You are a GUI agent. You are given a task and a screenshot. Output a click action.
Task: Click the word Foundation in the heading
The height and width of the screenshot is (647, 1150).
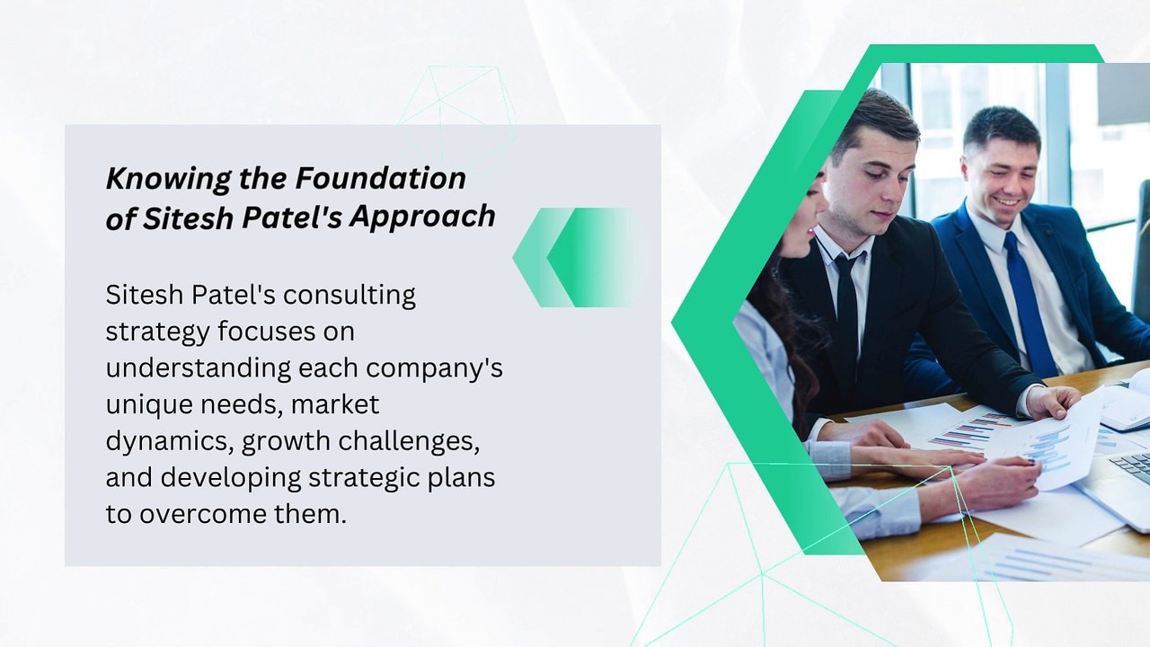[x=380, y=178]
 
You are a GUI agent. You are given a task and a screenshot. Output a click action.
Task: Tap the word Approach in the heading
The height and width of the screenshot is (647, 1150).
[x=422, y=217]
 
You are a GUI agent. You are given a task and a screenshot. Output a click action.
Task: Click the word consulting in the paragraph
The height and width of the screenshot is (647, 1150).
[x=349, y=296]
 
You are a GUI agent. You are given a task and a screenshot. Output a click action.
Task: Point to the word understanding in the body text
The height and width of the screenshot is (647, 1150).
[x=199, y=368]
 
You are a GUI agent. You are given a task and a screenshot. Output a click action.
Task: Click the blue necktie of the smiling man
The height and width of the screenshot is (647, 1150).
[x=1025, y=303]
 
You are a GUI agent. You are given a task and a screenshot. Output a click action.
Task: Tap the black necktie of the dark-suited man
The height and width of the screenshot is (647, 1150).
[x=846, y=323]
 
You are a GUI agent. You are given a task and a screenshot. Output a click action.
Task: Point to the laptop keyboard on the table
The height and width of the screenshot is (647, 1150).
[x=1131, y=466]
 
